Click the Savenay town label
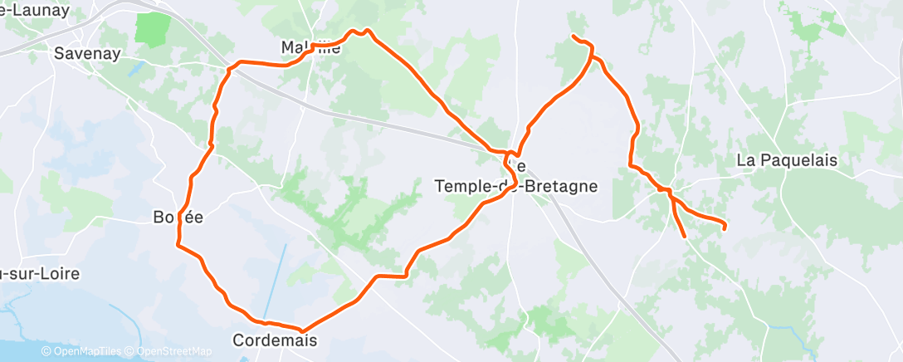[87, 53]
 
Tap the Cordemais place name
[274, 340]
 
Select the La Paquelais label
[787, 161]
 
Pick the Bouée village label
[178, 218]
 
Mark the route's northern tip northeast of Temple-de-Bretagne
[574, 36]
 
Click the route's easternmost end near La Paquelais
[725, 227]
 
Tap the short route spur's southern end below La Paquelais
[685, 237]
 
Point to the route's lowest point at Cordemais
[301, 330]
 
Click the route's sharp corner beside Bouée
[177, 244]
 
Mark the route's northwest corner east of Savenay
[235, 65]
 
